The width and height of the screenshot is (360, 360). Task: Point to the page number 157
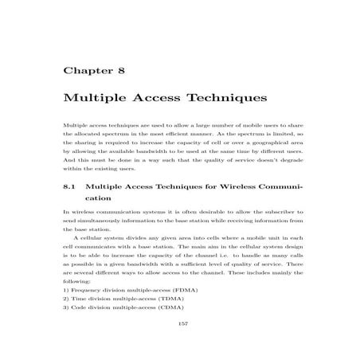(x=180, y=325)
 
